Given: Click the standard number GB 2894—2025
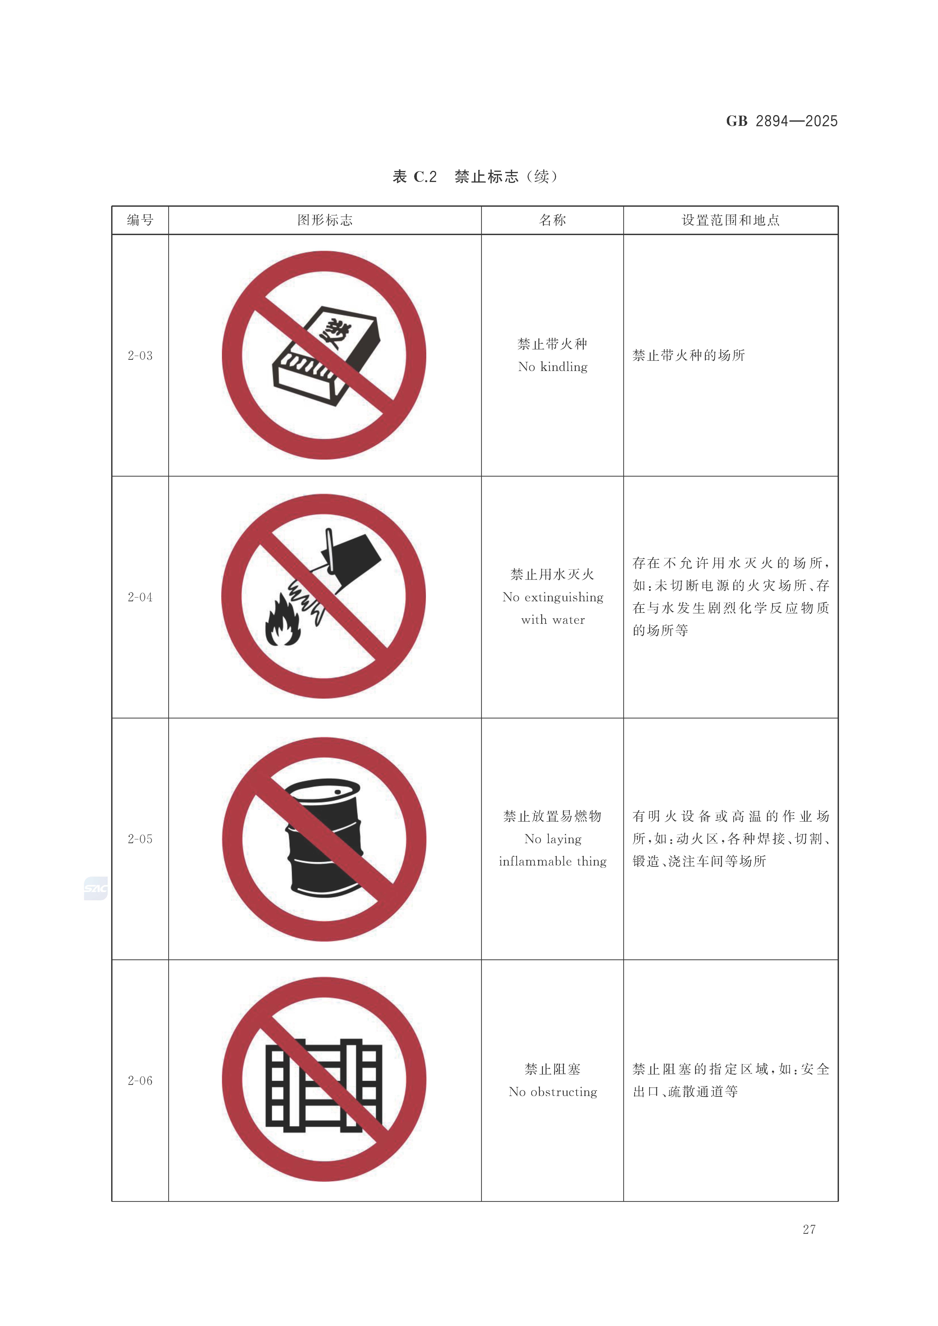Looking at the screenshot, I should [x=781, y=121].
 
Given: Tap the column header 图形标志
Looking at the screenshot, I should [x=325, y=220].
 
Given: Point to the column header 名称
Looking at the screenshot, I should [x=552, y=220].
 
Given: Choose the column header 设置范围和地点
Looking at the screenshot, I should [x=731, y=220].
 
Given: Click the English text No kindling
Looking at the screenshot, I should [x=553, y=367].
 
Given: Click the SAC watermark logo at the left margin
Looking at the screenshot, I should [x=95, y=888].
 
